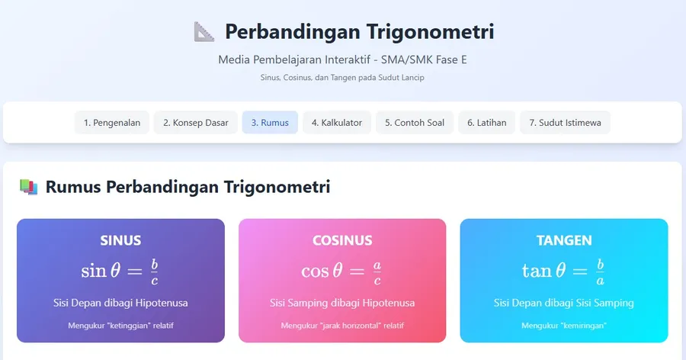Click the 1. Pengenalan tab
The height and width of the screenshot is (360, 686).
pyautogui.click(x=112, y=123)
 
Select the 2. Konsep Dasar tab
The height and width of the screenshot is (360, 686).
pyautogui.click(x=195, y=123)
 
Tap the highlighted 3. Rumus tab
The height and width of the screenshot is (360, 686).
pyautogui.click(x=270, y=123)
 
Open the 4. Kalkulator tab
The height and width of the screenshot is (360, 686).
pyautogui.click(x=336, y=123)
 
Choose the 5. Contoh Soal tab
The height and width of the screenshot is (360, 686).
pyautogui.click(x=415, y=123)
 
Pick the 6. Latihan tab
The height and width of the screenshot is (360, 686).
pyautogui.click(x=486, y=123)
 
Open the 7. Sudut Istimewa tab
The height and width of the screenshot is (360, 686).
pyautogui.click(x=565, y=123)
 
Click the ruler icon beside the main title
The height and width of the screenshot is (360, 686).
pyautogui.click(x=204, y=32)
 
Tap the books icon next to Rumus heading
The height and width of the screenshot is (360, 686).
pyautogui.click(x=28, y=186)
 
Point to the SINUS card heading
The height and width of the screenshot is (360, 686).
pyautogui.click(x=120, y=240)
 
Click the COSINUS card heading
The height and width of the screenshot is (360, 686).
pyautogui.click(x=342, y=240)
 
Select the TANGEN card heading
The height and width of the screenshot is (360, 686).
pyautogui.click(x=564, y=240)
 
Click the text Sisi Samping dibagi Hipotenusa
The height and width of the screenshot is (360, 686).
pyautogui.click(x=342, y=303)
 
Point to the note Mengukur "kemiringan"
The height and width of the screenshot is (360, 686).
pyautogui.click(x=563, y=326)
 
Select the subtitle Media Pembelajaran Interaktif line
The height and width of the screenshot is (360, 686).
pyautogui.click(x=342, y=59)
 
